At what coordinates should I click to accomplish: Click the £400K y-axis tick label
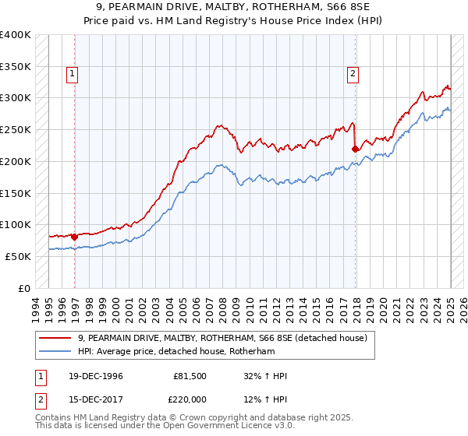pyautogui.click(x=16, y=35)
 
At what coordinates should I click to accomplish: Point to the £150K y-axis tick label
pyautogui.click(x=16, y=193)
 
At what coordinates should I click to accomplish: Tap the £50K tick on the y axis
pyautogui.click(x=18, y=256)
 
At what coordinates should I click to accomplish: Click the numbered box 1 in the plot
pyautogui.click(x=72, y=74)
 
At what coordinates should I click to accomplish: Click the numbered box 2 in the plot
pyautogui.click(x=353, y=74)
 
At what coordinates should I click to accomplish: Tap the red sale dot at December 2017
pyautogui.click(x=355, y=148)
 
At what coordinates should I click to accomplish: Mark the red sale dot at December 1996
pyautogui.click(x=75, y=236)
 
